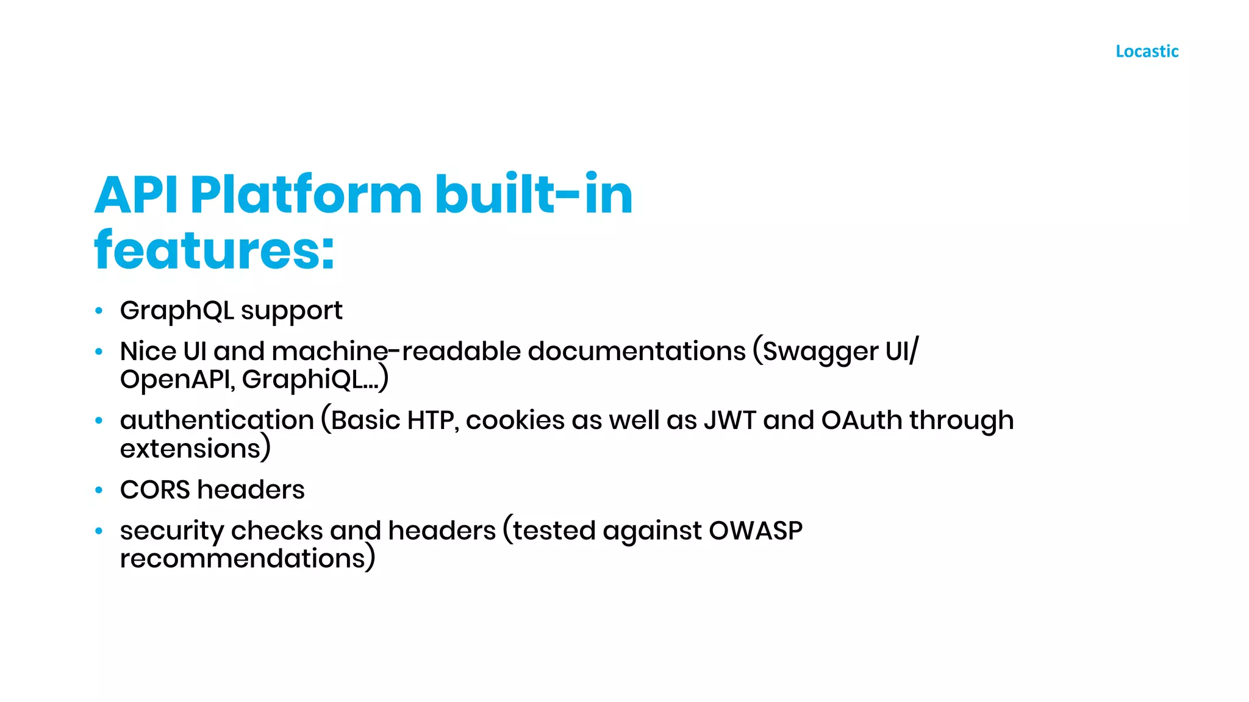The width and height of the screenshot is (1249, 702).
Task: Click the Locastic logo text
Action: [1147, 51]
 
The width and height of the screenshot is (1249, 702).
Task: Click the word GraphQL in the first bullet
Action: [177, 311]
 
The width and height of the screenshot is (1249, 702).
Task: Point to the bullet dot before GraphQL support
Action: [99, 311]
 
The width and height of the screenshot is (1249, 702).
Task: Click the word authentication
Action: [217, 421]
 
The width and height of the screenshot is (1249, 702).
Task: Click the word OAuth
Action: [862, 420]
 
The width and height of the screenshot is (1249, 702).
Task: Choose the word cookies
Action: [515, 420]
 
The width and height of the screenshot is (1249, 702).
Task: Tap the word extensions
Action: [190, 449]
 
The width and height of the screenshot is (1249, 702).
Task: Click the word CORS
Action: [155, 490]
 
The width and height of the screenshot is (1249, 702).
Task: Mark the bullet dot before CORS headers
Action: [99, 490]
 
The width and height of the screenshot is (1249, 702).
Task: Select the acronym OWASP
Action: [756, 531]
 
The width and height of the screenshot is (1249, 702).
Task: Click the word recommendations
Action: [242, 559]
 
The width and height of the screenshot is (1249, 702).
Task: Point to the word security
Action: [172, 531]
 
